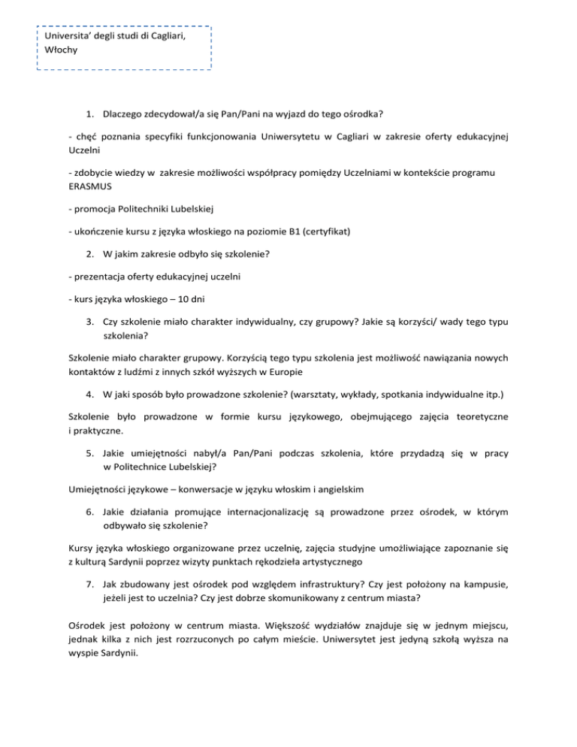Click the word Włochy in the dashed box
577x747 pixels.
pyautogui.click(x=61, y=50)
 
